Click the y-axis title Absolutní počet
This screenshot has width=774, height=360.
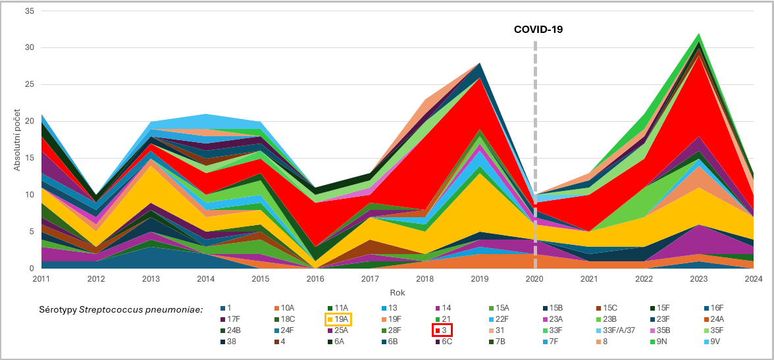17,140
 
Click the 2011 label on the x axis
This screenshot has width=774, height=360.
41,279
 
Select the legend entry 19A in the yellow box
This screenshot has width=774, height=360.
339,319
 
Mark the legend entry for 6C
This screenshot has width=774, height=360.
446,342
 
